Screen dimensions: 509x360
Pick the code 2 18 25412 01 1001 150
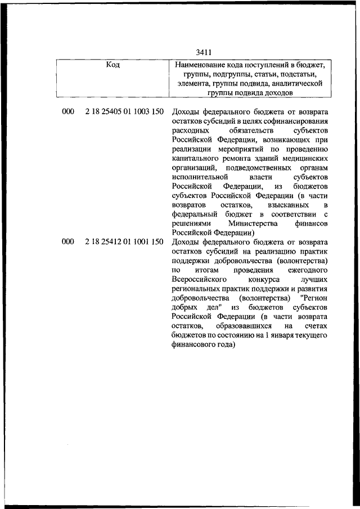[124, 242]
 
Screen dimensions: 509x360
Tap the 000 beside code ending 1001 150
[68, 242]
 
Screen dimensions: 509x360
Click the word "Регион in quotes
[314, 298]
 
